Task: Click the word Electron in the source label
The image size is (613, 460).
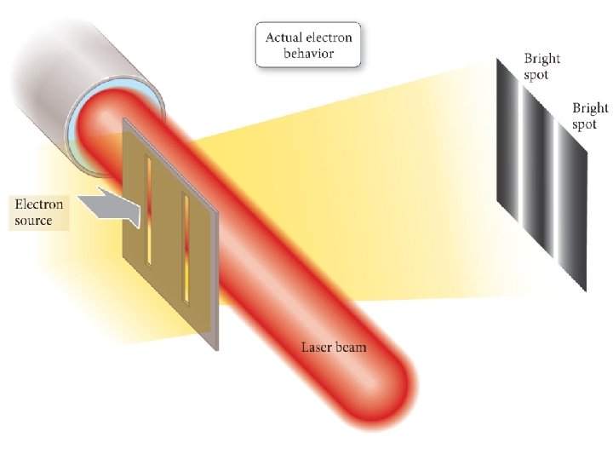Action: click(x=39, y=206)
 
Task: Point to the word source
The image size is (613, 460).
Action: click(x=34, y=221)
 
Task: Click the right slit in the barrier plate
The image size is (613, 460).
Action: click(x=186, y=247)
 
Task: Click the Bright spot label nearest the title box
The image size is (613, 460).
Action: click(x=541, y=66)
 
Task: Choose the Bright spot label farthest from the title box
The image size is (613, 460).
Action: click(x=589, y=116)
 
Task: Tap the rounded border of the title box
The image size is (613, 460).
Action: click(x=257, y=45)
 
